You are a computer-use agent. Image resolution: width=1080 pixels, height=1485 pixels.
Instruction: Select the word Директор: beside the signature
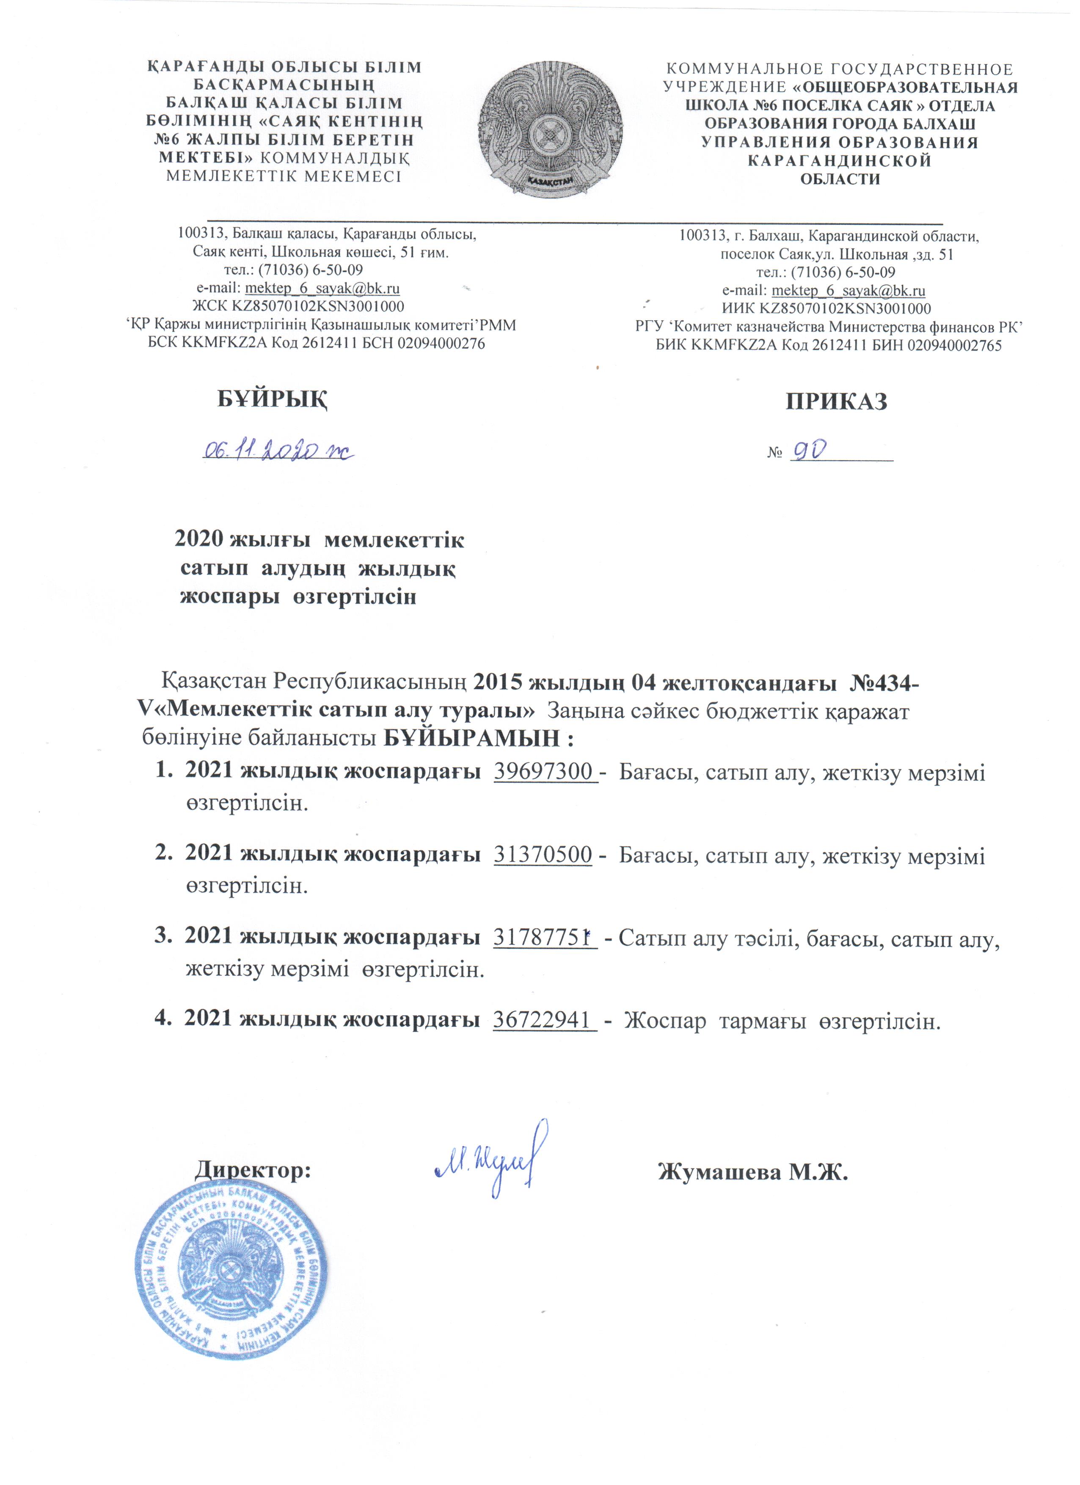[253, 1169]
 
